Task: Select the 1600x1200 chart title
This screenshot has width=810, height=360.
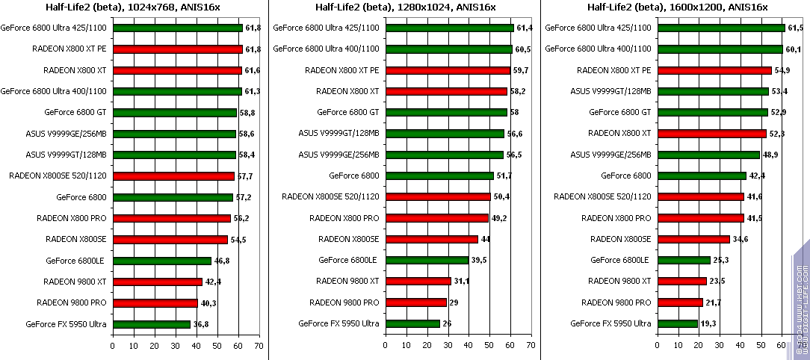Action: coord(678,7)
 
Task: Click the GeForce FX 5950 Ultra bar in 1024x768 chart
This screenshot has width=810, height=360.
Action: coord(152,324)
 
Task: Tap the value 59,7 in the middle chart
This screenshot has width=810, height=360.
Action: coord(520,70)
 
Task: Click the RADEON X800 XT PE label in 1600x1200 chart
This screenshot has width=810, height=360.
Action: coord(613,70)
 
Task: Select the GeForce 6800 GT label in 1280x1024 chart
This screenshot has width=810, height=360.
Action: coord(347,112)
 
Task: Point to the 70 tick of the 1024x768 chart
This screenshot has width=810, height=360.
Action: coord(259,346)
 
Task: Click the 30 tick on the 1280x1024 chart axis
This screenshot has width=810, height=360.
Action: coord(447,346)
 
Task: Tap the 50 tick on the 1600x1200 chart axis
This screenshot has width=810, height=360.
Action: coord(761,346)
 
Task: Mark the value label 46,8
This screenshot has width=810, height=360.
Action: coord(221,261)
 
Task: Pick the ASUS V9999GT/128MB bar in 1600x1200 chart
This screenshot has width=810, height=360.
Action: coord(713,91)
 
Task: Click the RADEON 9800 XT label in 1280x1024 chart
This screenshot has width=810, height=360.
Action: coord(347,282)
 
